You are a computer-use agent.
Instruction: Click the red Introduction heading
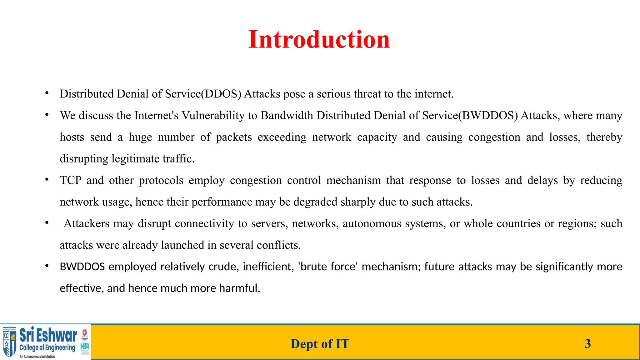[x=319, y=40]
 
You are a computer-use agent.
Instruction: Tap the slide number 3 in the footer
[x=587, y=344]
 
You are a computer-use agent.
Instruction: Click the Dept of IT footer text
[x=320, y=344]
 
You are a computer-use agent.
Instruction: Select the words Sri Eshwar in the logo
[x=48, y=335]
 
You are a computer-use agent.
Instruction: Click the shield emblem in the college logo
[x=9, y=343]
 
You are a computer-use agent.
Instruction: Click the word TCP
[x=71, y=180]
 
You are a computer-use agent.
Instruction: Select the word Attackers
[x=87, y=223]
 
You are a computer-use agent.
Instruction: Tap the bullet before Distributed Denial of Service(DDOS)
[x=47, y=93]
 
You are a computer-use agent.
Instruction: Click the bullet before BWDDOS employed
[x=47, y=266]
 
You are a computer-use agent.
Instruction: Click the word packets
[x=234, y=137]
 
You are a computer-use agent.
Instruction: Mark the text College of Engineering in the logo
[x=47, y=348]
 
